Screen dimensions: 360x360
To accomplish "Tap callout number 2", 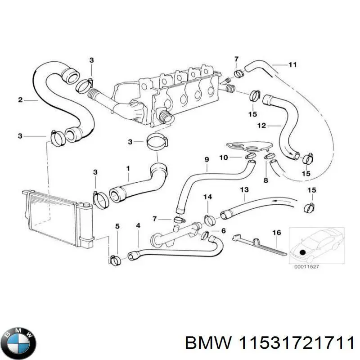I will click(20, 100).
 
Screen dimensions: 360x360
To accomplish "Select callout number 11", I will click(292, 65).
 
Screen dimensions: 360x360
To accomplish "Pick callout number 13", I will click(244, 190).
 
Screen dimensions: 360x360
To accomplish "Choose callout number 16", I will click(277, 233).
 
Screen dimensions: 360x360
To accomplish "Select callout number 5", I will click(117, 226).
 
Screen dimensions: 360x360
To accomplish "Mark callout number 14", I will click(207, 197).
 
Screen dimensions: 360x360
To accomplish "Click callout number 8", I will click(265, 180).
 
